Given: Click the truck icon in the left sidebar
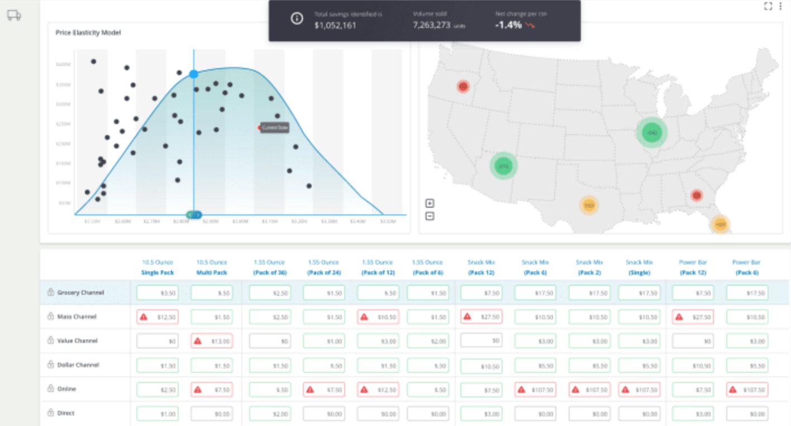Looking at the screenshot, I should point(14,16).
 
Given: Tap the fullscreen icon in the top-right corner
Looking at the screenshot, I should point(768,6).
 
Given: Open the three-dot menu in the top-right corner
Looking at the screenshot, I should point(780,6).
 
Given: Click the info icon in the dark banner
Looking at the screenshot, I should point(297,18).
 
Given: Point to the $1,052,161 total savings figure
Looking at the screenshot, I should point(335,25).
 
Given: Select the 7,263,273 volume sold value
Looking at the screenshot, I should point(432,25).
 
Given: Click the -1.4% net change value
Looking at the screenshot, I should point(508,25).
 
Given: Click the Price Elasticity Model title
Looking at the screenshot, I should point(88,33).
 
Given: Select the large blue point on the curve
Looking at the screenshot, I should point(194,74).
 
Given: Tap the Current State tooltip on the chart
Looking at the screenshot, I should point(275,128).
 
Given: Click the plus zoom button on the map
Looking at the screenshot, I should point(430,203).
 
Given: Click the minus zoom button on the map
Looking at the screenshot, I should point(430,216).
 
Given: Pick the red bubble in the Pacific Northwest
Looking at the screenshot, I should point(463,87).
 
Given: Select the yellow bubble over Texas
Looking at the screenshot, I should point(589,205).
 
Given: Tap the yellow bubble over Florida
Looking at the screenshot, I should point(721,224).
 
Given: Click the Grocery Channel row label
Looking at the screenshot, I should point(80,293).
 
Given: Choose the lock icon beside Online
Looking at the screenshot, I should point(50,389).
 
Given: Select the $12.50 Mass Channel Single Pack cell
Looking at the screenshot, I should point(158,317).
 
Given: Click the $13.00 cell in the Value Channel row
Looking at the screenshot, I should point(212,341).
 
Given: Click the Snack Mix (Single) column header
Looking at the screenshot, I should point(639,267).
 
